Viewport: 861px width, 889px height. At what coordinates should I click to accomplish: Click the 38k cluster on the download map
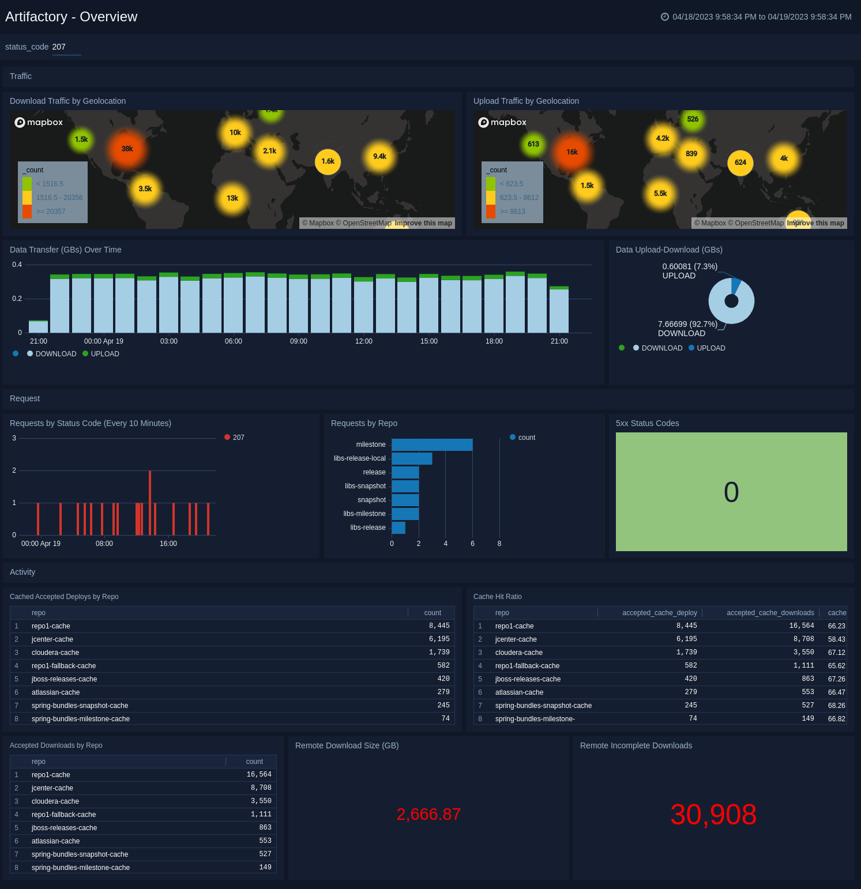[x=127, y=149]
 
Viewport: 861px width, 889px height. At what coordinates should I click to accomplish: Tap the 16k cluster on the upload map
[x=572, y=152]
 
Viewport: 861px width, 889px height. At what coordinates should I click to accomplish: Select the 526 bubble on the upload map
[x=693, y=119]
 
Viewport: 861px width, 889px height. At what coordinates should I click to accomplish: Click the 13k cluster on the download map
[x=232, y=198]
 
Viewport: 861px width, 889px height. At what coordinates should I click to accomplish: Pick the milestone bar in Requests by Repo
[x=432, y=444]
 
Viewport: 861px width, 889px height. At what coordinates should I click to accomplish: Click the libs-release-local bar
[x=412, y=458]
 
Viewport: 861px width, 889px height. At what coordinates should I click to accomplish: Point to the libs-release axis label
[x=368, y=528]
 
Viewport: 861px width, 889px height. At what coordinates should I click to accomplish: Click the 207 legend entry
[x=238, y=438]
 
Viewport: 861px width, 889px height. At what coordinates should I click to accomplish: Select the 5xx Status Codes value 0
[x=731, y=492]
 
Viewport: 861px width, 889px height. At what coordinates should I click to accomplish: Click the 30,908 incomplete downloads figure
[x=713, y=815]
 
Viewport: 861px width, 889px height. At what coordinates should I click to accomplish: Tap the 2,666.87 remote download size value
[x=428, y=814]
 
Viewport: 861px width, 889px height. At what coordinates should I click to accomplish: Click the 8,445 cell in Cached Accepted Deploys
[x=439, y=626]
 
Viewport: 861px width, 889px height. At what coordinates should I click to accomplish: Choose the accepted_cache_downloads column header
[x=770, y=613]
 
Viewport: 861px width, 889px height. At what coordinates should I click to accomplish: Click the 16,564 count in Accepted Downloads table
[x=259, y=775]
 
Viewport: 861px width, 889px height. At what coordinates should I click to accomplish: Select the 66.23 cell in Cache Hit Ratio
[x=836, y=626]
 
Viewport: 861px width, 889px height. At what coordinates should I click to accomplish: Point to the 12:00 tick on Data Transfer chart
[x=364, y=341]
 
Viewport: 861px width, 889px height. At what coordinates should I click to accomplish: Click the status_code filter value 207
[x=59, y=47]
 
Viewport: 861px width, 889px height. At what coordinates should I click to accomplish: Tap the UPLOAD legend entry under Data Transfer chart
[x=105, y=354]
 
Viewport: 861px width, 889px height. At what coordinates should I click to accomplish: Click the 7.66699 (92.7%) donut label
[x=687, y=324]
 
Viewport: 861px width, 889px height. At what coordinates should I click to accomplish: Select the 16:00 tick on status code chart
[x=168, y=544]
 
